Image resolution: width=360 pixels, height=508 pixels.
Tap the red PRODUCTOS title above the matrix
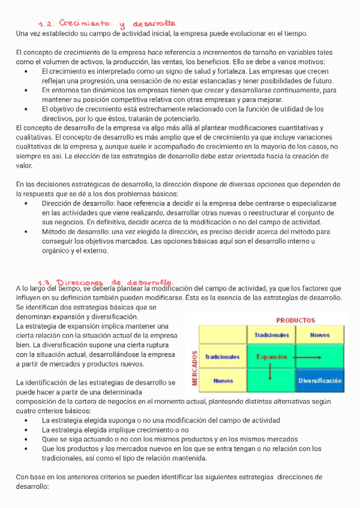[x=295, y=320]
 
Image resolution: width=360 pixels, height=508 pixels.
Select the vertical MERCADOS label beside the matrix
[x=193, y=367]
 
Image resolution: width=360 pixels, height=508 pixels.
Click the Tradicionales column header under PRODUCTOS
[x=271, y=335]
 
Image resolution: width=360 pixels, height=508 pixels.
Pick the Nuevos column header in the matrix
[x=319, y=335]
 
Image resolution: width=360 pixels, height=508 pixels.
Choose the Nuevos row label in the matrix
[x=222, y=380]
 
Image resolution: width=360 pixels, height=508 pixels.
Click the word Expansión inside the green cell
[x=271, y=357]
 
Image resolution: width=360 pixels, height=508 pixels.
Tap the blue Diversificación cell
[x=320, y=380]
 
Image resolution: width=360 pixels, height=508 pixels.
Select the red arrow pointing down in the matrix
[x=271, y=371]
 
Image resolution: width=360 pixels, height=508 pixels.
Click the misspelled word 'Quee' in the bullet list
[x=50, y=439]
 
